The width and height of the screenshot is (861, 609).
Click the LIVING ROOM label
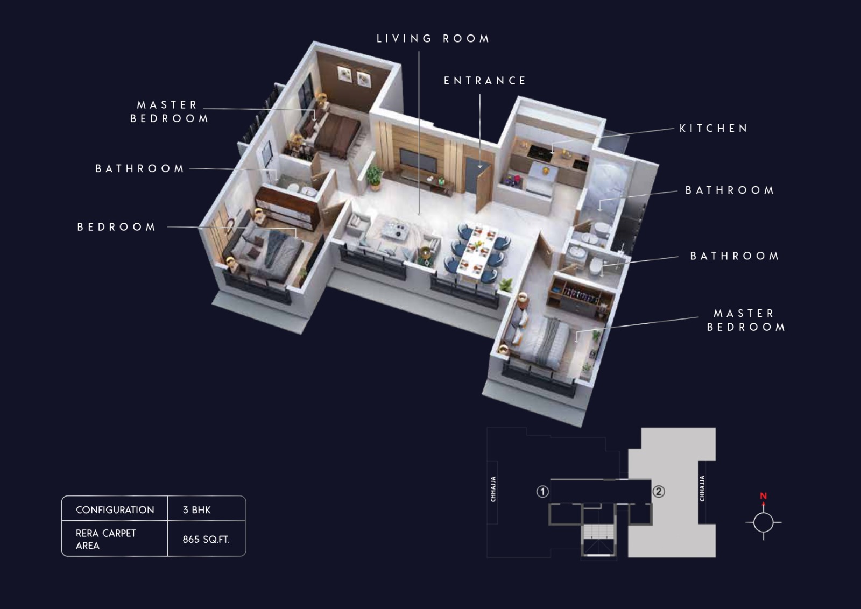(x=433, y=38)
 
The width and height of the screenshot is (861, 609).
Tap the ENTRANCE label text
(x=485, y=81)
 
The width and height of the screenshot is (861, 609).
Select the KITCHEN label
(x=714, y=129)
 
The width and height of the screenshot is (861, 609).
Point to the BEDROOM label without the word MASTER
(x=116, y=227)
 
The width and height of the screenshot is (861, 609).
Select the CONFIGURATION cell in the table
(x=115, y=510)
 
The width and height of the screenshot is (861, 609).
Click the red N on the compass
(x=764, y=496)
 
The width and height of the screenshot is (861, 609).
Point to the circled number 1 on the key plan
(x=542, y=491)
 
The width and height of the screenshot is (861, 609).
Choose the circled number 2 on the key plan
(x=659, y=491)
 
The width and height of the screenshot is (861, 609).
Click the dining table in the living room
(x=477, y=250)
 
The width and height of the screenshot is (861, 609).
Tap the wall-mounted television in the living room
(x=418, y=161)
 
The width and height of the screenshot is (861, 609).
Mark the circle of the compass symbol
(x=764, y=522)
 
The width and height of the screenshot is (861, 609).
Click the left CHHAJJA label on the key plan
(x=493, y=489)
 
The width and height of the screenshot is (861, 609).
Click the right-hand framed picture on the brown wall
(x=363, y=79)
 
